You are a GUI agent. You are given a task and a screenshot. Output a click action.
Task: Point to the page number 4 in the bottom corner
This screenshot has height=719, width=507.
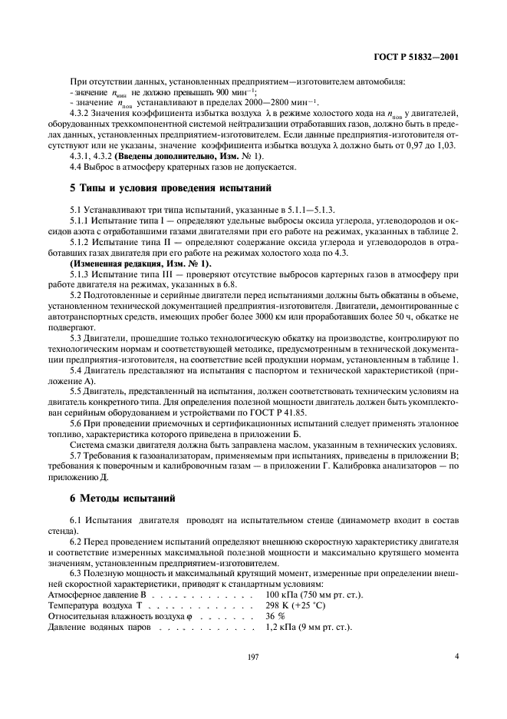(456, 657)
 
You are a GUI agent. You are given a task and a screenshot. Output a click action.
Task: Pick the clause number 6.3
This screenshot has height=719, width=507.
(77, 574)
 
